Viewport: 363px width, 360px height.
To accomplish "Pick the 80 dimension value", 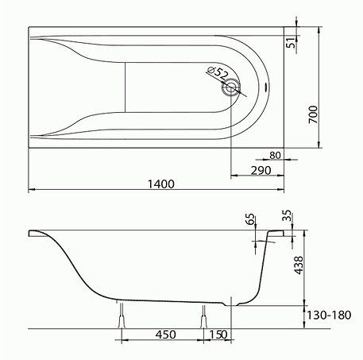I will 275,155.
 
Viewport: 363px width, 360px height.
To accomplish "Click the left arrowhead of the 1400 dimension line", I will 32,190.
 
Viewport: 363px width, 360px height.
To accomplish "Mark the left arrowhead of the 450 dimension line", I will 125,342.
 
